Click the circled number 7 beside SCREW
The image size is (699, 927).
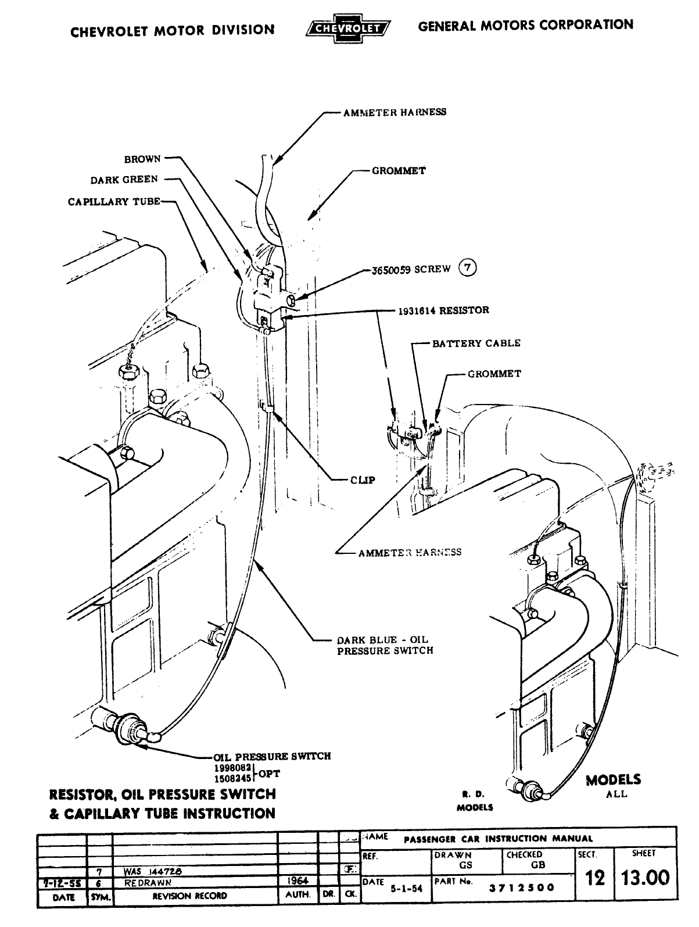coord(468,268)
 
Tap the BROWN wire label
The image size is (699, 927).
coord(142,159)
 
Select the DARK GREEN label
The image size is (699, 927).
coord(124,180)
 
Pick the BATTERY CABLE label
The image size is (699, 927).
coord(476,343)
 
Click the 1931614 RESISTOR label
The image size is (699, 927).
coord(443,310)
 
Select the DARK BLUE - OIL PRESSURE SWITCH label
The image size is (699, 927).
coord(385,645)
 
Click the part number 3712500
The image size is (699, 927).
coord(521,887)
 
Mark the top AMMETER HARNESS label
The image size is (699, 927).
coord(395,112)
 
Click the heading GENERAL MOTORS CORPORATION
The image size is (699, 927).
coord(525,26)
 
